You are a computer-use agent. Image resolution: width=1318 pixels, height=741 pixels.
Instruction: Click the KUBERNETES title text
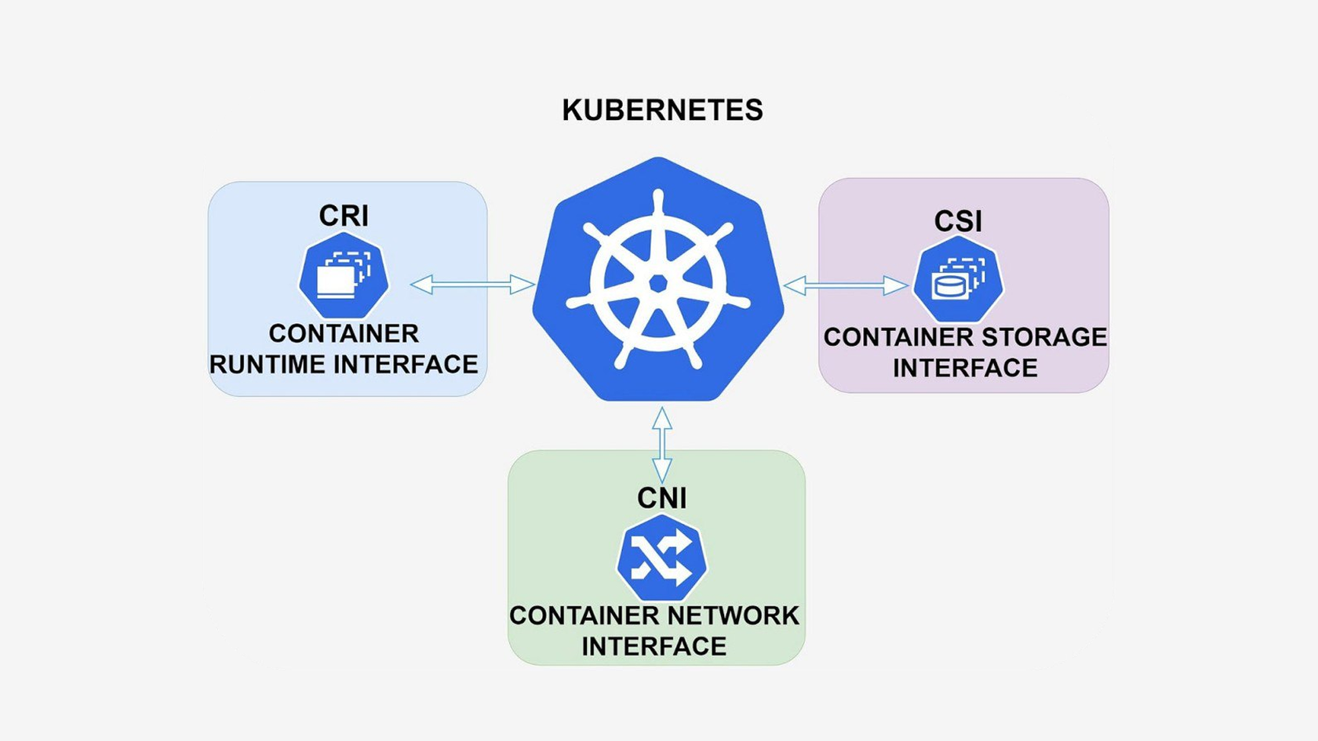click(x=662, y=111)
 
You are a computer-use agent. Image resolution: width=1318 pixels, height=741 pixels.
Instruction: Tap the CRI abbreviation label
click(x=344, y=216)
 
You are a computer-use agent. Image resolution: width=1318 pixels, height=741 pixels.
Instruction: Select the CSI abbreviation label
click(x=957, y=221)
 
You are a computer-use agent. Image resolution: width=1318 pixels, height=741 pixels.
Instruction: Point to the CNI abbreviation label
click(x=661, y=498)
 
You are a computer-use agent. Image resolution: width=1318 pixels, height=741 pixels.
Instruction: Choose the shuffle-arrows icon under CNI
click(x=661, y=559)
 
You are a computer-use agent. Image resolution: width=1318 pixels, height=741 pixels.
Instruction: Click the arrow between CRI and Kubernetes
click(x=472, y=285)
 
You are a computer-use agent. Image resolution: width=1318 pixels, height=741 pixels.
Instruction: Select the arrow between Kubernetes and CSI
click(x=846, y=286)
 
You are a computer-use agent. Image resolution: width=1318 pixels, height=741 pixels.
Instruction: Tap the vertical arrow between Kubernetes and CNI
click(x=662, y=445)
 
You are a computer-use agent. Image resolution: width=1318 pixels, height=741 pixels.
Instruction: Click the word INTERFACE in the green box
click(x=654, y=646)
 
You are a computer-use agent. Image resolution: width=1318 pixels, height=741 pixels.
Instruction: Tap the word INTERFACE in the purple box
click(x=965, y=368)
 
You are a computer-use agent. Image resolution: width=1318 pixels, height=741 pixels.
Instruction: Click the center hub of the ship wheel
click(x=658, y=283)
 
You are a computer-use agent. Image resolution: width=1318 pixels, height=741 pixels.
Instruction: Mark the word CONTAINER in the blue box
click(x=344, y=334)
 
